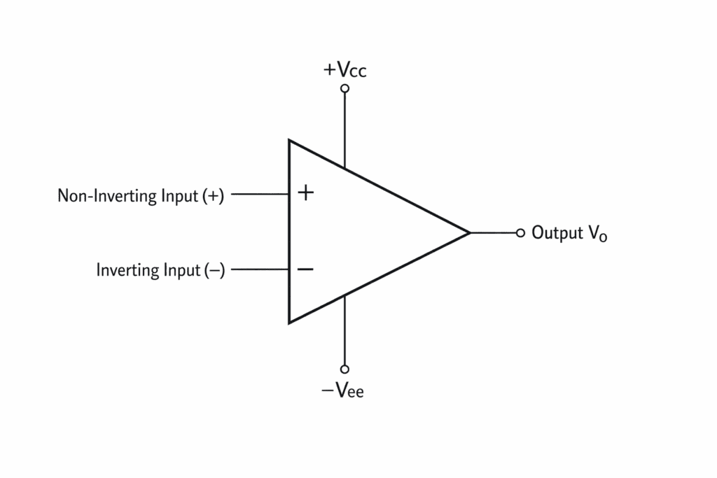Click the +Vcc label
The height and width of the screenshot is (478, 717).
[344, 71]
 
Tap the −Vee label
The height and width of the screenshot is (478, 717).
[343, 391]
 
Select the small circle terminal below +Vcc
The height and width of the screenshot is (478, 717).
[344, 88]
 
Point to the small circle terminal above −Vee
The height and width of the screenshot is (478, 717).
[344, 369]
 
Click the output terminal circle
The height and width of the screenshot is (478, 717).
[520, 233]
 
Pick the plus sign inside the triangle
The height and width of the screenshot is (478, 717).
[305, 192]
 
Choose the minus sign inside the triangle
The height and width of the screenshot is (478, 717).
[305, 269]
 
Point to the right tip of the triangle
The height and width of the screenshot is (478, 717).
[468, 232]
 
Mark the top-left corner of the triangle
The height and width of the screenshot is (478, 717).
[290, 141]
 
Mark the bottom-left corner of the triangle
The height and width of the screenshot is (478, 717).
[290, 322]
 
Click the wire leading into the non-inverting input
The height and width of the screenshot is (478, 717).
[259, 195]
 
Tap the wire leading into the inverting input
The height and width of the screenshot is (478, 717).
[259, 269]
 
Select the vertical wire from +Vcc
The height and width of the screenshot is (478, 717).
[344, 129]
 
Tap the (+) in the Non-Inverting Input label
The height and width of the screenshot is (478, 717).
[213, 197]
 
